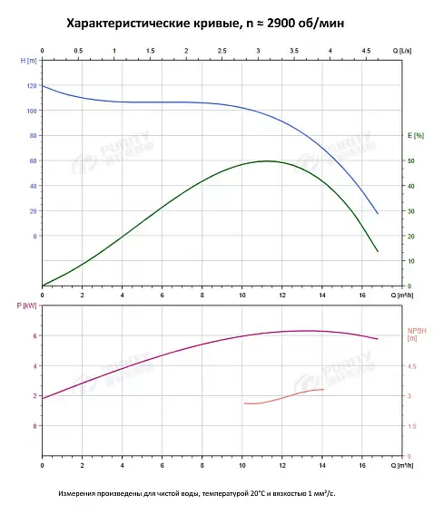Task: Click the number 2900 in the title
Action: point(281,24)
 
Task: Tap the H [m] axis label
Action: point(28,61)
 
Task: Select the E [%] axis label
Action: point(416,135)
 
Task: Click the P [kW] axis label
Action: point(26,305)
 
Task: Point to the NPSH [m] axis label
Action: point(417,335)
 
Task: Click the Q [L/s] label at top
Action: point(402,51)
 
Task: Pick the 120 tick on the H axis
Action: point(32,86)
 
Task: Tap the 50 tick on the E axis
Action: point(411,161)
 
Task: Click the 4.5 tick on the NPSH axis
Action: point(412,366)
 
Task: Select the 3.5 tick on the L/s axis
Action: point(294,51)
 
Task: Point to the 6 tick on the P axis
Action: point(34,336)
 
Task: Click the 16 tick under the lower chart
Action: point(362,465)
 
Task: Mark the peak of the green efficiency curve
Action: point(268,161)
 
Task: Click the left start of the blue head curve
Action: point(43,86)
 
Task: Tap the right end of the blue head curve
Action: point(378,213)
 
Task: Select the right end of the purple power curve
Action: point(378,339)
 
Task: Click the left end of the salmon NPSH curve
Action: point(244,403)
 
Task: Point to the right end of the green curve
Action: point(378,251)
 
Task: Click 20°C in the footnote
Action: point(257,493)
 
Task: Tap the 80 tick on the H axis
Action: point(34,136)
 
